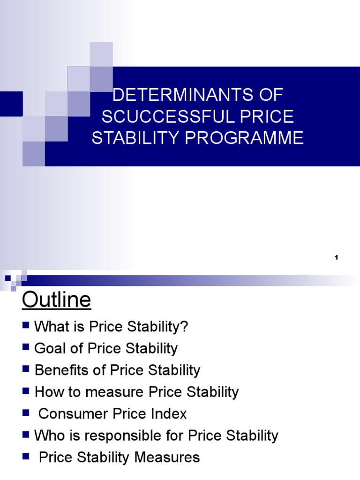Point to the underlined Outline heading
56,300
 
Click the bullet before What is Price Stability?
26,325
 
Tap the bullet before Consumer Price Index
26,412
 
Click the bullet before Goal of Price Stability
26,347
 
